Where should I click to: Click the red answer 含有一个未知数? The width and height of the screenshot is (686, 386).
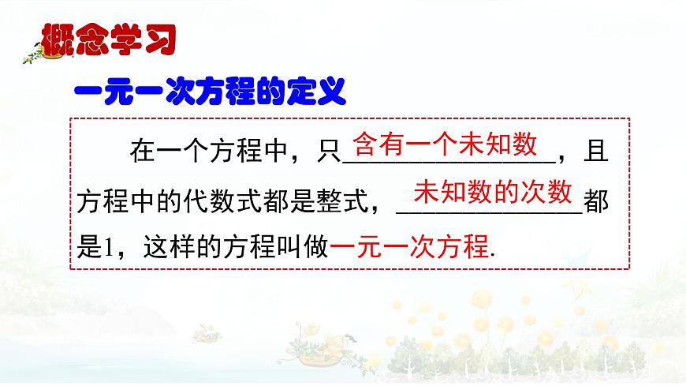tap(445, 145)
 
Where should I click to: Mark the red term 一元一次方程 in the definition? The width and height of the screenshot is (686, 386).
tap(410, 247)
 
